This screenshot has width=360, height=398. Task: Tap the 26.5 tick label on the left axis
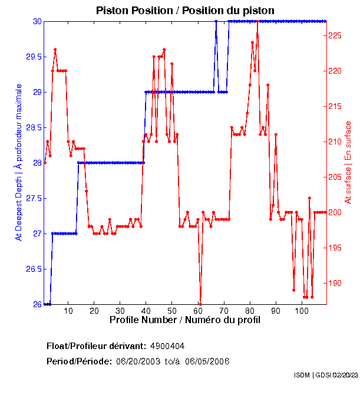coord(32,269)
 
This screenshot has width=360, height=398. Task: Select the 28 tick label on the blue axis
coord(37,163)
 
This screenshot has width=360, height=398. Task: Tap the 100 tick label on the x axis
coord(302,311)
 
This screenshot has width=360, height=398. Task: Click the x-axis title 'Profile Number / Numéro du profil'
coord(185,320)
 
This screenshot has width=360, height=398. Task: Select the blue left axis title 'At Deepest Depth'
coord(19,162)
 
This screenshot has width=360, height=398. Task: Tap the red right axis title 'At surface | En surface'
coord(348,162)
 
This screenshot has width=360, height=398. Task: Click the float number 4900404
coord(171,346)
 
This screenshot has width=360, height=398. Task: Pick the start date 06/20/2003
coord(139,361)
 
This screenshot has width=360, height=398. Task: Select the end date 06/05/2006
coord(207,361)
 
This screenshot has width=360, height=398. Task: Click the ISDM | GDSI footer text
coord(325,375)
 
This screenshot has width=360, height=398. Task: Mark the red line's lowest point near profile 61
coord(200,304)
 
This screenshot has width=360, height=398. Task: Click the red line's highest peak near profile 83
coord(257,22)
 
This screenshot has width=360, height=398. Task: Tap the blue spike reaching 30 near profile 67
coord(216,22)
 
